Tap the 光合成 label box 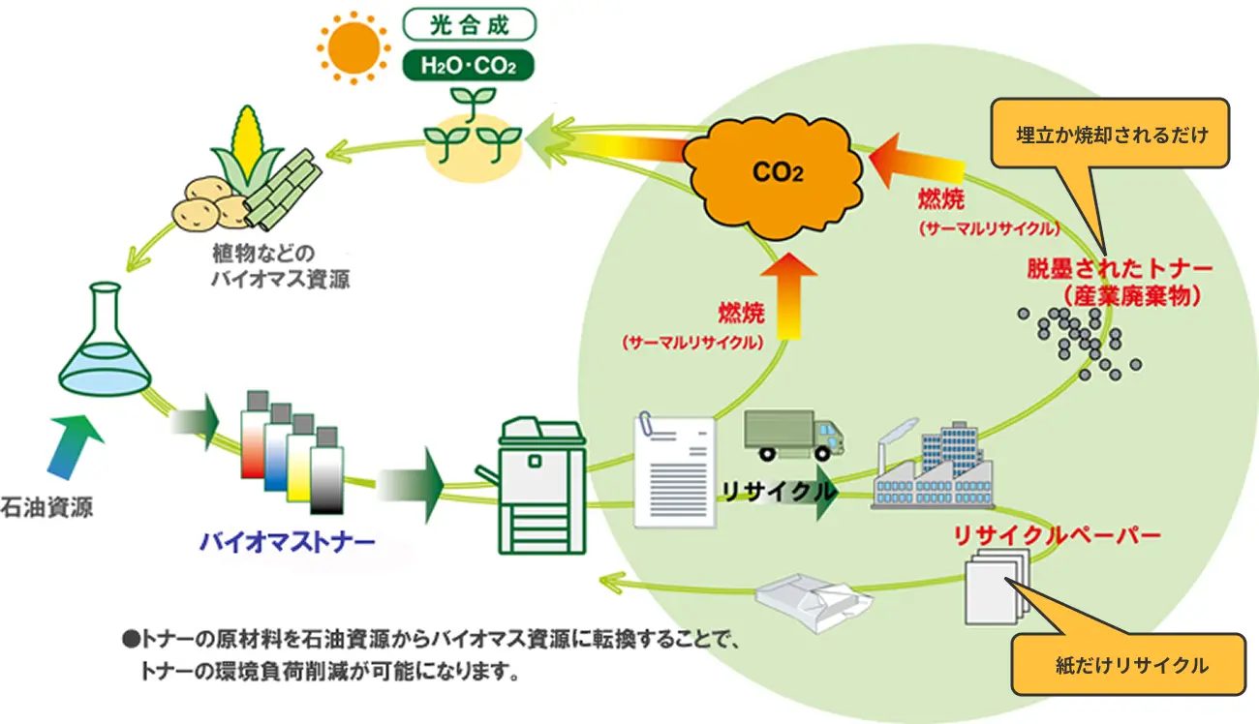tap(470, 21)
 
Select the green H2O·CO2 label tap(470, 65)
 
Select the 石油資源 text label tap(48, 506)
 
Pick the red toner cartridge tap(255, 441)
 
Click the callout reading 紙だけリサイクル tap(1131, 665)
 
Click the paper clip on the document tap(645, 427)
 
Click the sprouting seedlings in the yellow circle tap(472, 136)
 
